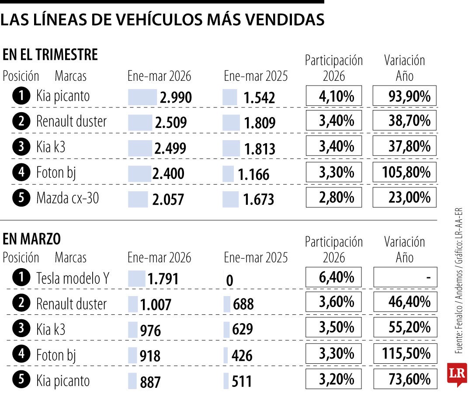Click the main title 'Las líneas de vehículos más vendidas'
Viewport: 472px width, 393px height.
click(x=162, y=20)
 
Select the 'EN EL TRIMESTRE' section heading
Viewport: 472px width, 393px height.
click(x=50, y=55)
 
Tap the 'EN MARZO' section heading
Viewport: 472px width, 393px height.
click(x=32, y=239)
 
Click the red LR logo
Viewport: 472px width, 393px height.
click(x=457, y=374)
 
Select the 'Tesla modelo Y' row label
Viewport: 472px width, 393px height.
click(x=73, y=278)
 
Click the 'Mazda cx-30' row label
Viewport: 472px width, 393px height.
click(x=67, y=198)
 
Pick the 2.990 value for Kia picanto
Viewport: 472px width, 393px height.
click(x=175, y=97)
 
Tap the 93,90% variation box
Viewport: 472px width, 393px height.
click(x=405, y=96)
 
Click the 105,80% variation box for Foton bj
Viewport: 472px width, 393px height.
click(x=405, y=172)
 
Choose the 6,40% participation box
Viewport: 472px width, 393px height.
click(x=334, y=277)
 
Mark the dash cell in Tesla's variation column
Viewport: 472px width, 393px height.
click(x=405, y=277)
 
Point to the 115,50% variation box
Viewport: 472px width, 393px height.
click(x=405, y=353)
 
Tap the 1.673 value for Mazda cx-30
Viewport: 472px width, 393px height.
click(x=258, y=200)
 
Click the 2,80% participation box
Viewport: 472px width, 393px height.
click(x=334, y=198)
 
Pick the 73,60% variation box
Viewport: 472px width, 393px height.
click(x=405, y=379)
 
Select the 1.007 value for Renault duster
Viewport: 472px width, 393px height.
click(x=155, y=305)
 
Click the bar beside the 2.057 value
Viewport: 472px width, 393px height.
click(x=138, y=199)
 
